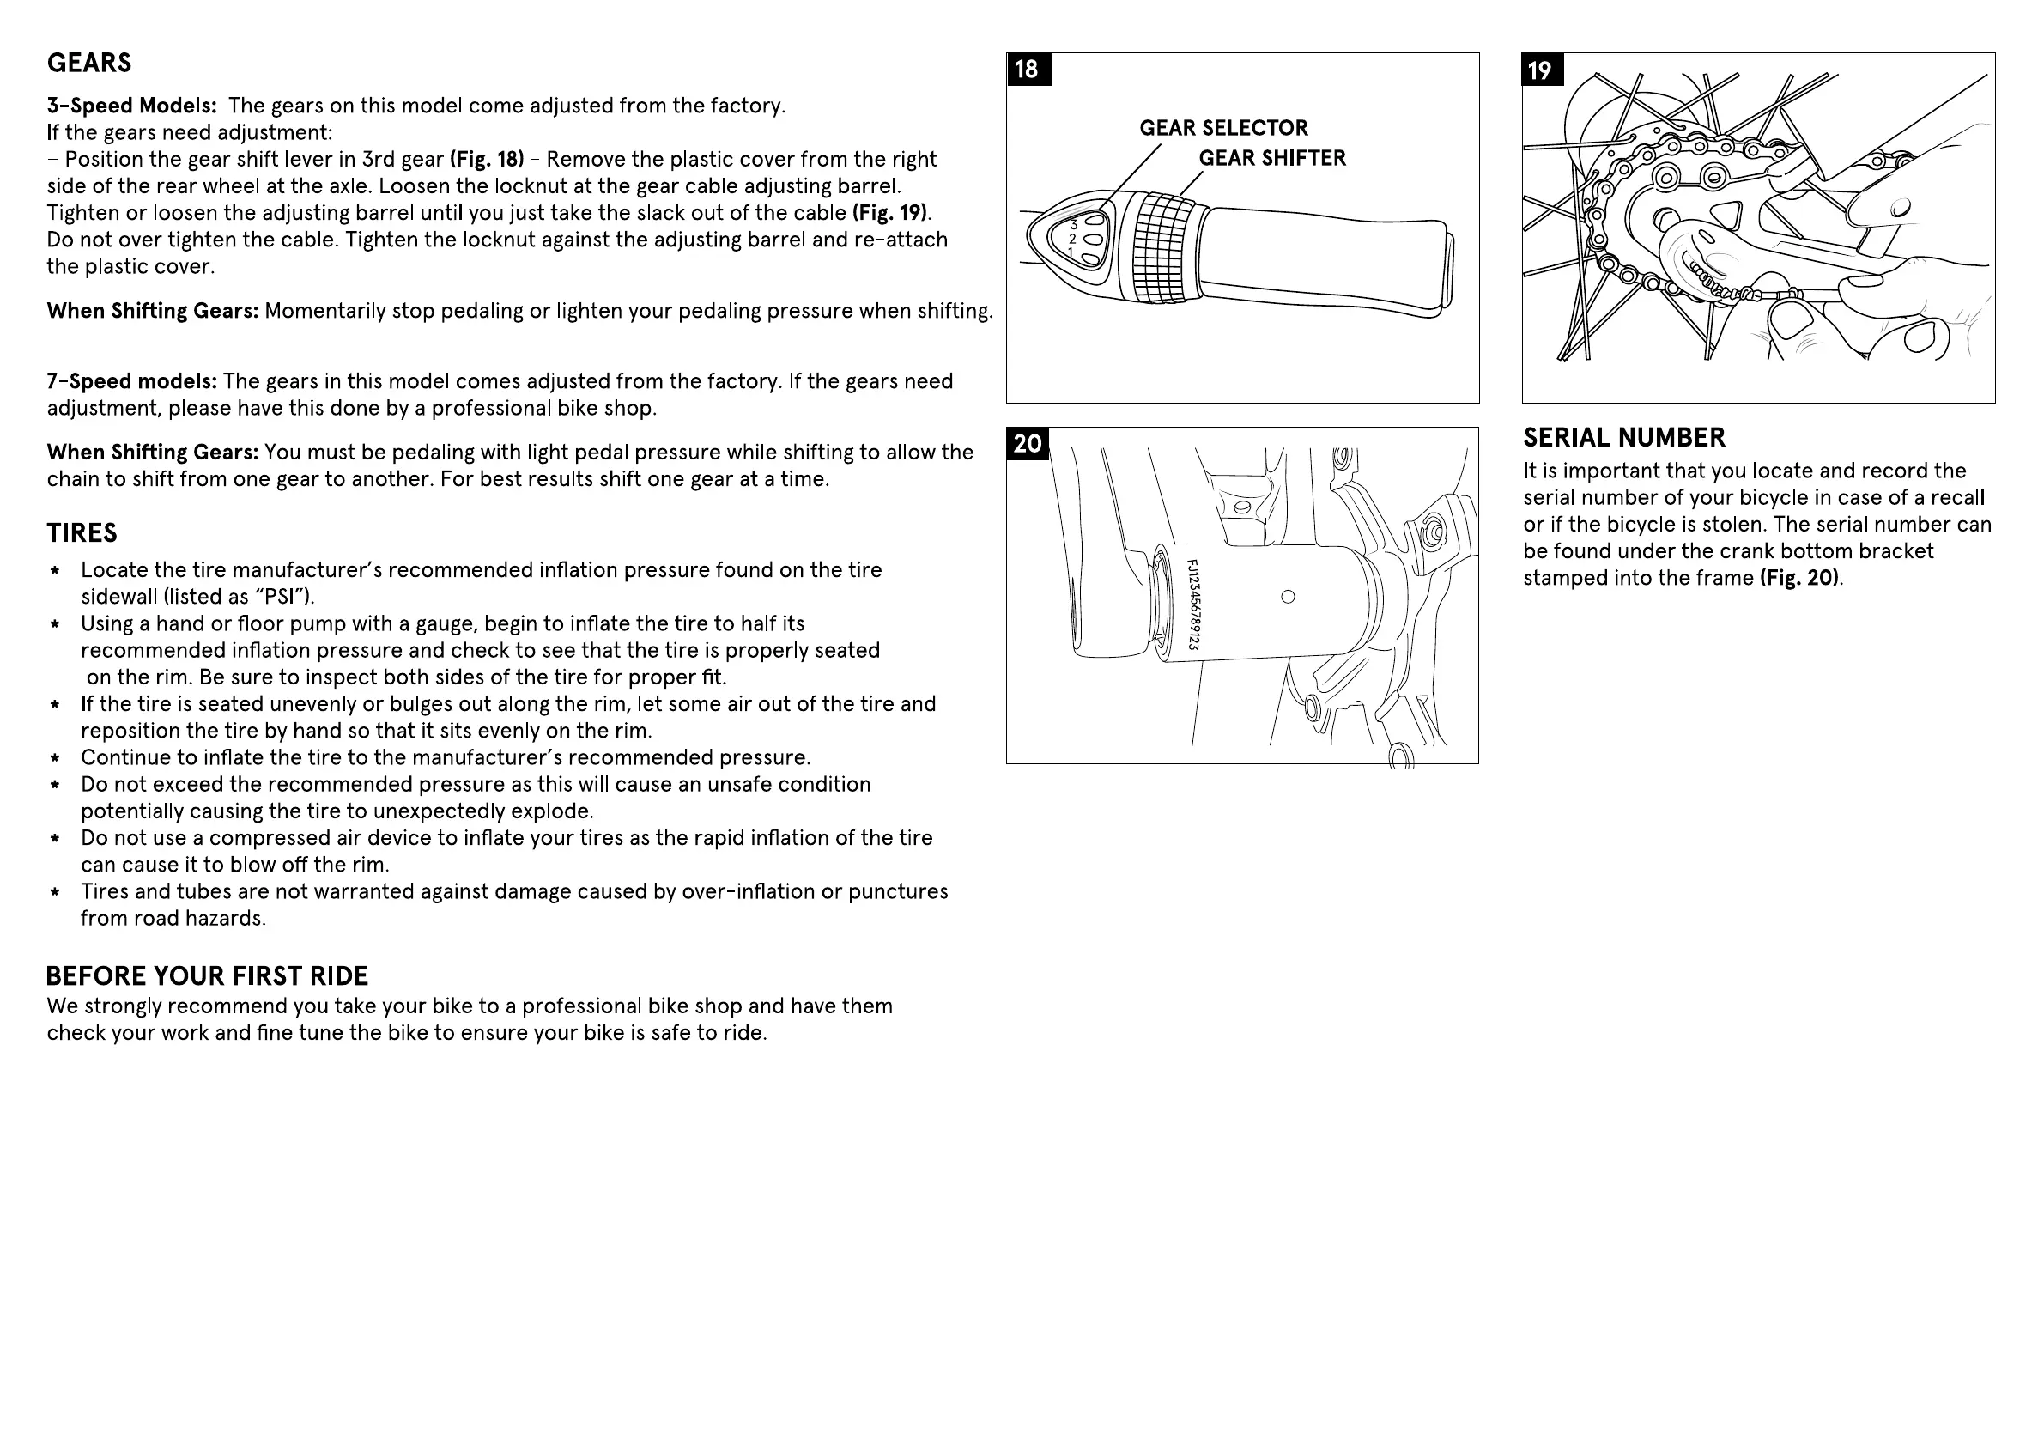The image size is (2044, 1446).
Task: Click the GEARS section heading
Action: pos(89,64)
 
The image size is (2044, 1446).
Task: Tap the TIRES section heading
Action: pos(82,533)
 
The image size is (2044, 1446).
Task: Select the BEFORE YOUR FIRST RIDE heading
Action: pos(207,977)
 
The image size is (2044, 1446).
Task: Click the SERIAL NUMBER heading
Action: pos(1624,438)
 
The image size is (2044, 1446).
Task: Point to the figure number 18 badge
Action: pos(1028,70)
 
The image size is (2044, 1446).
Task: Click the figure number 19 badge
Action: pos(1541,70)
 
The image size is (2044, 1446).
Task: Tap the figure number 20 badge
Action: pos(1028,443)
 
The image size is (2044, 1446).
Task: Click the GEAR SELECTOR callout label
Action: pos(1223,128)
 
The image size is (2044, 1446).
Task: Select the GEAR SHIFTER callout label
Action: pos(1271,159)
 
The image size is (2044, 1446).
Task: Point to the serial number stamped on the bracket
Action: pos(1194,605)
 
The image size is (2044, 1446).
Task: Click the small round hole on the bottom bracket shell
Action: pos(1288,597)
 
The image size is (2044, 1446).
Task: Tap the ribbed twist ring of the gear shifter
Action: pos(1163,248)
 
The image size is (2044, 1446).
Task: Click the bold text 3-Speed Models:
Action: pos(131,106)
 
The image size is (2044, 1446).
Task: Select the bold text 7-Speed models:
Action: pos(131,382)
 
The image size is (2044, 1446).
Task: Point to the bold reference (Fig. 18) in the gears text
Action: pos(486,160)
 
